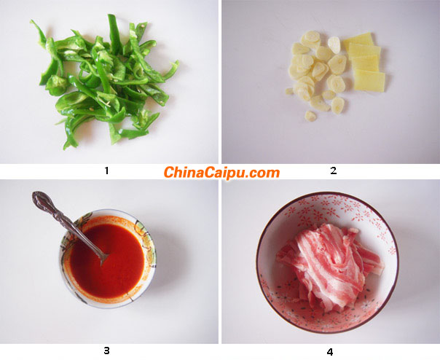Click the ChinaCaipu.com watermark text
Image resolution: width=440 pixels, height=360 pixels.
(x=221, y=173)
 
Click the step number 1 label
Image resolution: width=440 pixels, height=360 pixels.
(x=106, y=171)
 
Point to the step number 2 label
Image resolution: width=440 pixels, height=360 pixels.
(x=333, y=171)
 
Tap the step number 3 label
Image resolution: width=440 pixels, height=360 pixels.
(x=106, y=351)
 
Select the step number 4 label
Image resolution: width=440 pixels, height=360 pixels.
(x=329, y=352)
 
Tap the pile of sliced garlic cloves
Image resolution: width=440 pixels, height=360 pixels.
(x=315, y=73)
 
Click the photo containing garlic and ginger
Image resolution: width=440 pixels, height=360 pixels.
(x=330, y=82)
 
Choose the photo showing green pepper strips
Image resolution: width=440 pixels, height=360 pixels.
(x=109, y=82)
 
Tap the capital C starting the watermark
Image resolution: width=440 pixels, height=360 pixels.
(x=169, y=173)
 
